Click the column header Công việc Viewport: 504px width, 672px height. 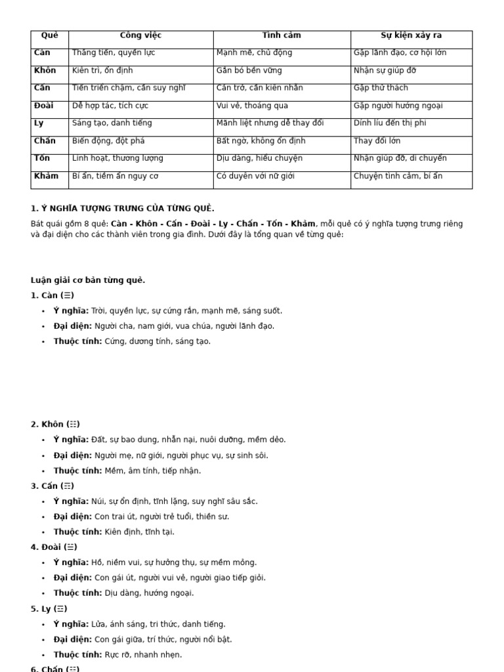point(140,35)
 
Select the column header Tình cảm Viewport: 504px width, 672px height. point(282,35)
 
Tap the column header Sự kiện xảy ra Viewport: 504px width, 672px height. point(411,35)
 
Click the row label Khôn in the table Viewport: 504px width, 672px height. point(45,71)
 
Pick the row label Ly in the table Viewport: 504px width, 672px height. point(39,123)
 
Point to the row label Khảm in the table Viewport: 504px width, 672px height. point(46,176)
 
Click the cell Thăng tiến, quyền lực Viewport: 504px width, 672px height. point(114,53)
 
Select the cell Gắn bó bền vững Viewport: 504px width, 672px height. point(249,71)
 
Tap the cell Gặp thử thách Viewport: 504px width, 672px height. point(381,88)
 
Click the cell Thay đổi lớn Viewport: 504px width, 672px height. point(377,141)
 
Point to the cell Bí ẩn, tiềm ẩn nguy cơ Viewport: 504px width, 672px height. point(115,176)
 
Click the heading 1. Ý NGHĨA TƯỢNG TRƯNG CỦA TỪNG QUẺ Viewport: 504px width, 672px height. point(123,209)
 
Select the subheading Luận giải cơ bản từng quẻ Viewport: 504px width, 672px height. point(88,280)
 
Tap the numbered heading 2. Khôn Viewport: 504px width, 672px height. point(55,425)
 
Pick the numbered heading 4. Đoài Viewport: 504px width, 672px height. point(54,547)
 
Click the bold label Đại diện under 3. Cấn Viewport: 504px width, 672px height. point(72,516)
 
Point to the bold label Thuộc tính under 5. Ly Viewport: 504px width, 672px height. point(77,654)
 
